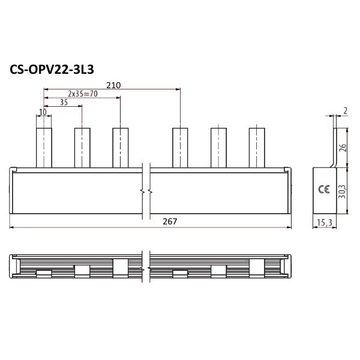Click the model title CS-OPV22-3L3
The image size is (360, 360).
coord(52,70)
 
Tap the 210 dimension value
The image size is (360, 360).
coord(113,85)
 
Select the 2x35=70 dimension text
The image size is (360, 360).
coord(83,94)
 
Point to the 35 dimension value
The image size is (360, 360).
coord(64,102)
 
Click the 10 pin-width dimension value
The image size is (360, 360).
coord(43,112)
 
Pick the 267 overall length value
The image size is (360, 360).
coord(170,221)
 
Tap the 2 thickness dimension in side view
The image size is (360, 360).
coord(345,110)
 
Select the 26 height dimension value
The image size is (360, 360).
coord(343,148)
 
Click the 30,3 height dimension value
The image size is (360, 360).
coord(342,191)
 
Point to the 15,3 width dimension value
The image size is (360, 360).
coord(325,222)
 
